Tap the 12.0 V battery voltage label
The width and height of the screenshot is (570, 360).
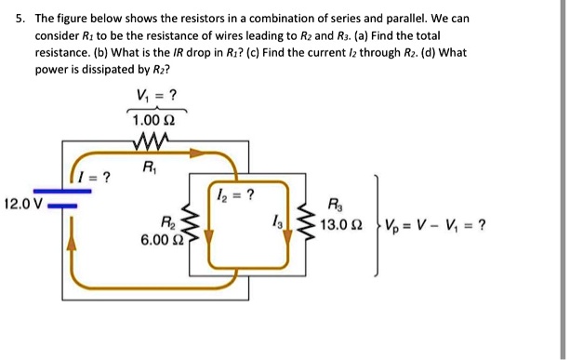click(22, 203)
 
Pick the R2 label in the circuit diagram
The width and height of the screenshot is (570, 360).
click(167, 222)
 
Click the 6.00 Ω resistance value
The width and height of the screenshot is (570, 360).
click(160, 239)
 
